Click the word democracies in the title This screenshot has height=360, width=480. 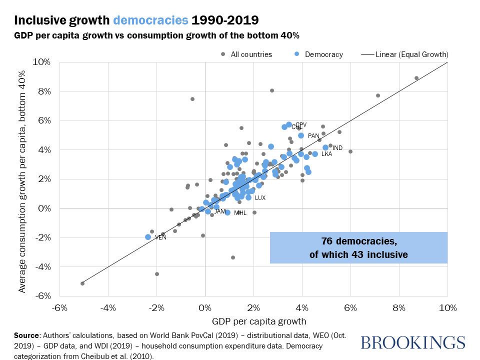click(x=151, y=20)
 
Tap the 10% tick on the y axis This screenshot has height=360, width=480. click(x=41, y=62)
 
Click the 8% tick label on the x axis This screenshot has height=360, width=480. click(x=399, y=307)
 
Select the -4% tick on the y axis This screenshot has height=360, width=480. click(x=41, y=267)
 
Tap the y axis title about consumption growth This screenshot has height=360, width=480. click(x=22, y=179)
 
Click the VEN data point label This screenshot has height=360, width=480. click(x=160, y=237)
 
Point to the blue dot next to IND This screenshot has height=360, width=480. click(x=325, y=147)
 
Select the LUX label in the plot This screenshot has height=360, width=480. click(x=260, y=198)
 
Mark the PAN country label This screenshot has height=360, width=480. click(x=313, y=135)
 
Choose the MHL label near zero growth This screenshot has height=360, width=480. click(x=240, y=213)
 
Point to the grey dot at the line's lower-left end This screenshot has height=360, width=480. click(x=82, y=283)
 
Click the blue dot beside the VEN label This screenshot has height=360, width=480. click(x=148, y=237)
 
